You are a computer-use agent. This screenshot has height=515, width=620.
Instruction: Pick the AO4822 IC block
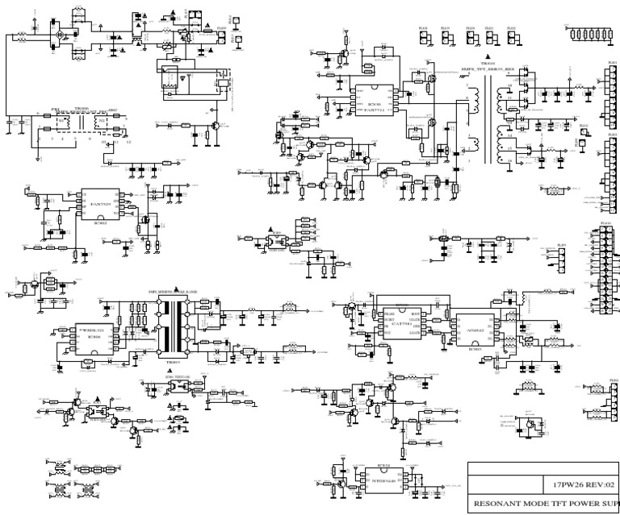[x=475, y=328]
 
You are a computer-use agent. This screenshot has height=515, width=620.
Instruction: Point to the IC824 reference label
[x=361, y=466]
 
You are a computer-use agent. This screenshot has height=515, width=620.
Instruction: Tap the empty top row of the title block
[x=543, y=467]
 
